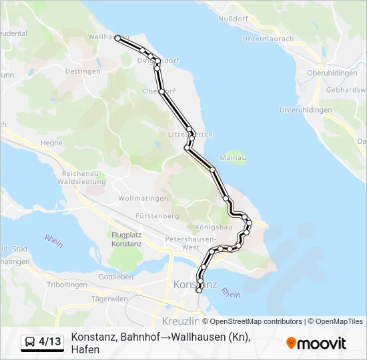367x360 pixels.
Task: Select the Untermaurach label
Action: (268, 39)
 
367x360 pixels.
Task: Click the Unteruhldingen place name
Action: (306, 109)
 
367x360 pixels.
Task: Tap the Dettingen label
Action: (83, 71)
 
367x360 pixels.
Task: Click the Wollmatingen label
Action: (140, 199)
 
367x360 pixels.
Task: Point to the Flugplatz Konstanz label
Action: (127, 239)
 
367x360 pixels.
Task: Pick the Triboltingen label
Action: (67, 285)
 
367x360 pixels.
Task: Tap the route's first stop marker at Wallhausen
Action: (118, 39)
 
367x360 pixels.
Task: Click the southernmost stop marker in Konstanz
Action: (199, 290)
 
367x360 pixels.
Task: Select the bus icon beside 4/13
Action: (30, 342)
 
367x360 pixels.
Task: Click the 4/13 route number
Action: (49, 342)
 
